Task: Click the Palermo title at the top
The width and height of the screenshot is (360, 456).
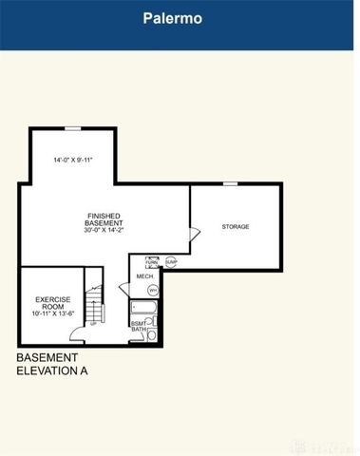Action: (x=180, y=17)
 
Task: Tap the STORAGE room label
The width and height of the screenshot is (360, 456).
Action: (x=236, y=227)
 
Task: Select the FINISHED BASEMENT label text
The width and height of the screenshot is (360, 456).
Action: (x=104, y=220)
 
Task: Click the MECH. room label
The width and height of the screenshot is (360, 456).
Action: (x=144, y=276)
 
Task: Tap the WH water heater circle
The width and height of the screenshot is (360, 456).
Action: (x=152, y=290)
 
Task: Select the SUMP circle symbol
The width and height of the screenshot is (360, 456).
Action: (x=171, y=261)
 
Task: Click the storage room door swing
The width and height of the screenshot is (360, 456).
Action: (x=194, y=235)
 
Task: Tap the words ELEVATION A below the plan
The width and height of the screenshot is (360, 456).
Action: (x=52, y=371)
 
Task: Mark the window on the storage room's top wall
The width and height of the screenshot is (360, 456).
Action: (x=230, y=183)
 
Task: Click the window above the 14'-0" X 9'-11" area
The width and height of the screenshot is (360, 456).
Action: (x=72, y=127)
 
